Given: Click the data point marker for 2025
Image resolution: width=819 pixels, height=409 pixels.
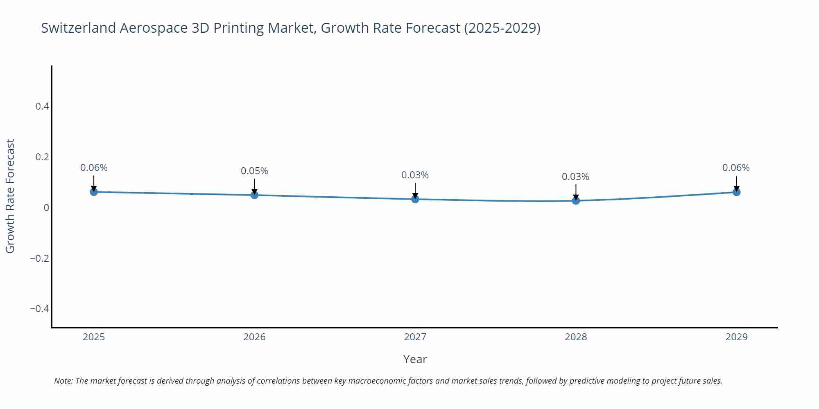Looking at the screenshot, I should click(x=94, y=192).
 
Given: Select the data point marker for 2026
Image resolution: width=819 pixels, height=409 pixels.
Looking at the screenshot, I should click(x=254, y=195).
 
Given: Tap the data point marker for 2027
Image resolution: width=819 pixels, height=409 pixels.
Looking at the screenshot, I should click(x=415, y=199).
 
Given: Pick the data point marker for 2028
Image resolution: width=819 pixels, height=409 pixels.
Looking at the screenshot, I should click(x=576, y=201).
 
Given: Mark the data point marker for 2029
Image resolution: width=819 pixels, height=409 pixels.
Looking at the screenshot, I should click(x=736, y=192).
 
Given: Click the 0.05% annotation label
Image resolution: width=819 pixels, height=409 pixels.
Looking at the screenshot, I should click(x=254, y=171).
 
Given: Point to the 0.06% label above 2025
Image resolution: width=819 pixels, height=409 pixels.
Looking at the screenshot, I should click(x=94, y=168).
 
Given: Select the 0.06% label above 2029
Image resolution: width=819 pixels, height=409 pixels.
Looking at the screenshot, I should click(x=736, y=168).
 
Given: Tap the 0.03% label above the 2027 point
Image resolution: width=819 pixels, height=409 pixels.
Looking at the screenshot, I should click(x=415, y=175).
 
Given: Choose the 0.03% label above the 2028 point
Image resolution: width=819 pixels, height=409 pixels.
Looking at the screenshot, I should click(x=575, y=177).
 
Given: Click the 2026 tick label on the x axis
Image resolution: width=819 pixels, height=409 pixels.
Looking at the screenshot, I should click(x=254, y=337).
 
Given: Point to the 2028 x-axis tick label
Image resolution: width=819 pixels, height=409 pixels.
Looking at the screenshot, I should click(x=576, y=337).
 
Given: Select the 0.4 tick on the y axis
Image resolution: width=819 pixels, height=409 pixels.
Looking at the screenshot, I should click(x=42, y=106).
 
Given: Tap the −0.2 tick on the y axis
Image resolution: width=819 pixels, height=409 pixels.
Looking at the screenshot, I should click(x=40, y=258).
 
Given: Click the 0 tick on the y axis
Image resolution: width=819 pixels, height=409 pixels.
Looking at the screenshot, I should click(x=46, y=208).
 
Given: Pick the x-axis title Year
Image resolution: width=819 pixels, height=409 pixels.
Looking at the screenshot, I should click(x=415, y=359).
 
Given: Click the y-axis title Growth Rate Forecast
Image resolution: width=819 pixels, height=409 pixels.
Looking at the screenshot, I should click(x=10, y=196).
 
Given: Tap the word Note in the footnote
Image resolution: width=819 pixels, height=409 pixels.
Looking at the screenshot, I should click(x=63, y=381).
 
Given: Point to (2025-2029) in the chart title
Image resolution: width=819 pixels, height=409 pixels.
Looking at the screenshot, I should click(x=502, y=28).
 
